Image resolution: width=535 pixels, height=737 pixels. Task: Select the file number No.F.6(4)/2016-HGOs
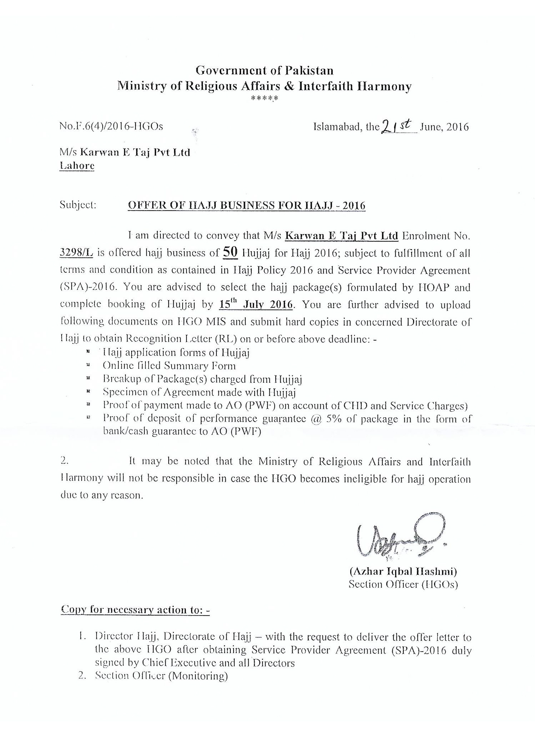pos(111,126)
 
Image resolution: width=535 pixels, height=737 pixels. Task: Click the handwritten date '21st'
pos(398,125)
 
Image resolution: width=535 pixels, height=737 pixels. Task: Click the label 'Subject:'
pos(78,205)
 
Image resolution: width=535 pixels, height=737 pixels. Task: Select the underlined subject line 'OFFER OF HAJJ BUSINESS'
pos(246,206)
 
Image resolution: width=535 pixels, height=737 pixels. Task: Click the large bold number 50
pos(230,253)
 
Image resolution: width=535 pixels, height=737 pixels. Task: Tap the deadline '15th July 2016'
pos(256,305)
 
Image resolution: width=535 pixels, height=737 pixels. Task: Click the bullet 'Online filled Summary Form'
pos(169,366)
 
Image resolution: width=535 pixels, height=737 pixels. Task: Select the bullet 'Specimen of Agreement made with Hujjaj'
pos(199,392)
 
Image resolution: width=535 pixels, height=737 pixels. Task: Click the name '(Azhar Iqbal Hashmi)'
pos(403,571)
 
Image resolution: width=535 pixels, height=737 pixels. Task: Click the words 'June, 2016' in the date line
pos(444,127)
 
